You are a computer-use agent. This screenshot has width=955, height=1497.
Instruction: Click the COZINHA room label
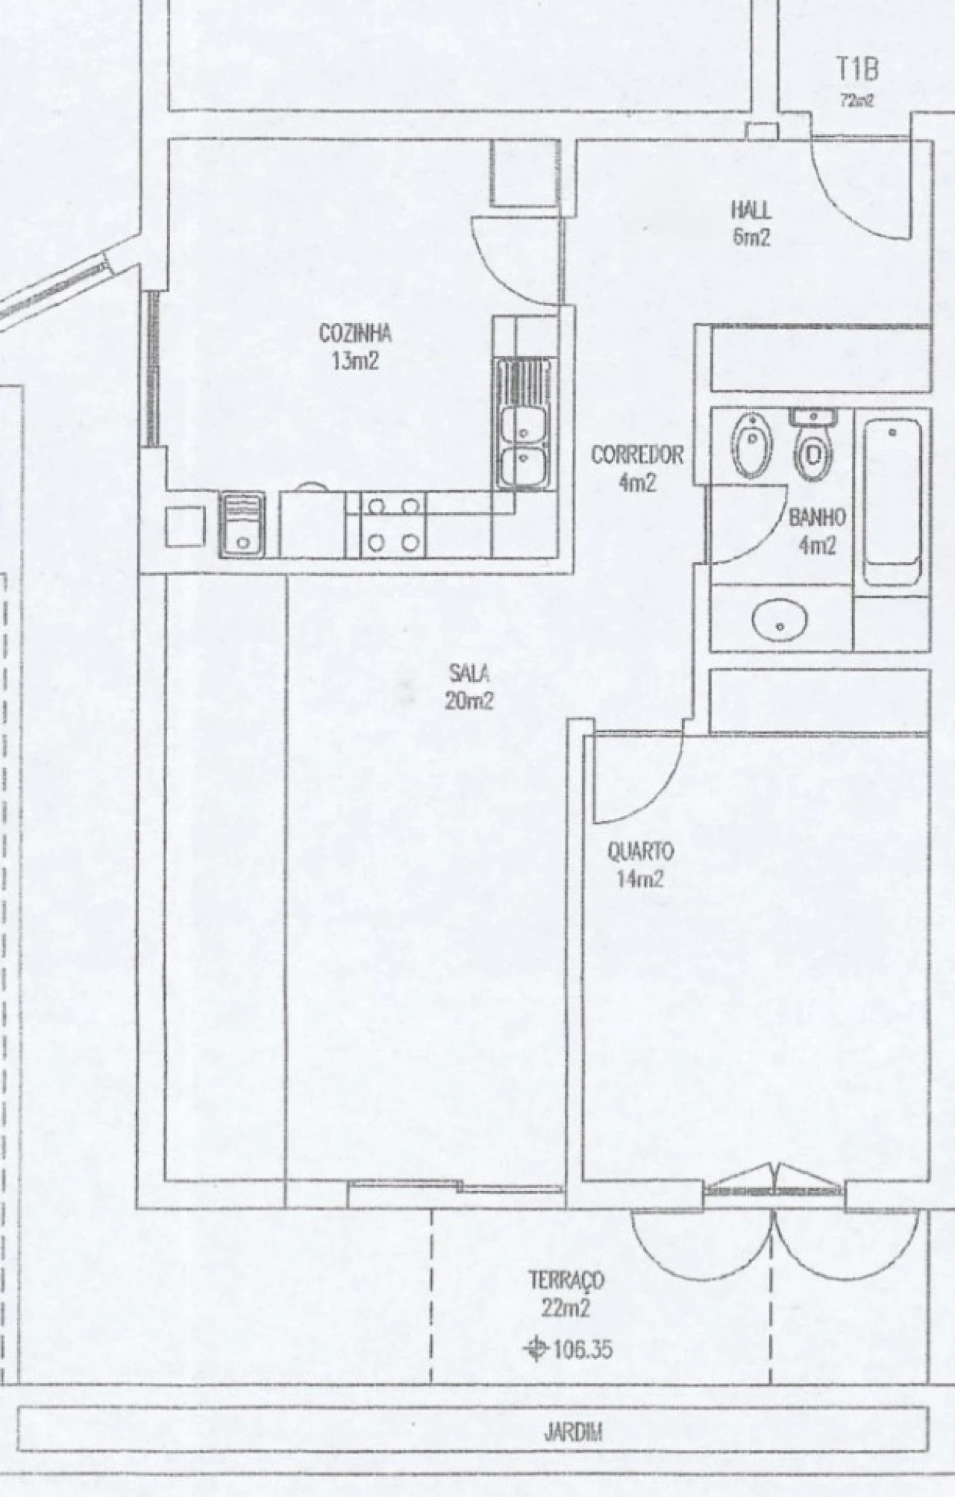coord(355,334)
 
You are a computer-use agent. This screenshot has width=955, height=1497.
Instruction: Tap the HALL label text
coord(751,210)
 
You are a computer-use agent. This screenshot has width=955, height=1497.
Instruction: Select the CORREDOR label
coord(637,454)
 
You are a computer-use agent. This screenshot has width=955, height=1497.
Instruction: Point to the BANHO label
coord(817,516)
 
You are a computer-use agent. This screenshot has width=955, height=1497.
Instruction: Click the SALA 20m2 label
coord(470,687)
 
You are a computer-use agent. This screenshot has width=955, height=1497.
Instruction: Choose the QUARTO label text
coord(640,851)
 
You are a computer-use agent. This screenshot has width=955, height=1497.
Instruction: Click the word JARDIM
coord(574,1433)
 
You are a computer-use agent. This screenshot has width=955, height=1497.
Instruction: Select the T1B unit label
coord(857,70)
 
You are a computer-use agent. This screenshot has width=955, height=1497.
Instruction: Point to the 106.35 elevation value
coord(581,1349)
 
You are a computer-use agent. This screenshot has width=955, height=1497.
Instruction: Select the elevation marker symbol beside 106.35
coord(535,1349)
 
